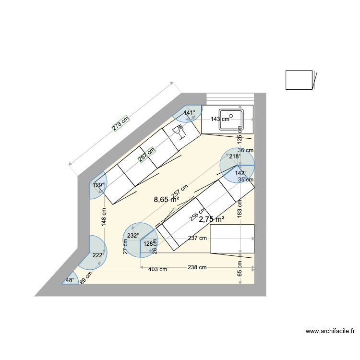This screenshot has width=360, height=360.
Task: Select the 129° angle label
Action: (x=98, y=185)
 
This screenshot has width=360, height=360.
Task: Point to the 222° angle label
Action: (x=98, y=255)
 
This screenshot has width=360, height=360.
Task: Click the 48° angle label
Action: (x=70, y=280)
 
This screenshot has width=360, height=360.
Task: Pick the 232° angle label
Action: (x=133, y=236)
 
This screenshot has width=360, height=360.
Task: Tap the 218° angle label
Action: (x=234, y=156)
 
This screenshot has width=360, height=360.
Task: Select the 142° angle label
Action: (x=240, y=173)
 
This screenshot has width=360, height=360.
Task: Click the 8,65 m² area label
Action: (x=166, y=199)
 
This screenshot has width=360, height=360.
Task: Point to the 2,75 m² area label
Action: (x=212, y=219)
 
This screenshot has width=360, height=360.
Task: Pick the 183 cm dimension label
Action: (x=240, y=207)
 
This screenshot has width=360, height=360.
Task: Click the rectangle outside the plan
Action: (x=299, y=80)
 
